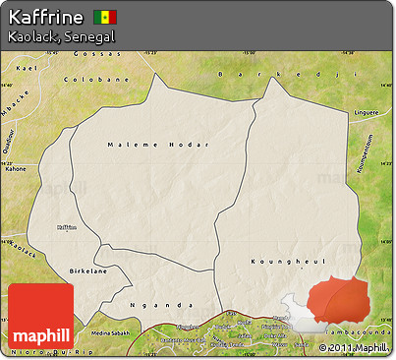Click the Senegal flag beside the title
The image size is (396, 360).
104,18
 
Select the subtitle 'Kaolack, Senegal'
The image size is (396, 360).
61,36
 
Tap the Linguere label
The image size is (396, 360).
365,111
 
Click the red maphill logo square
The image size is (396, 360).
40,315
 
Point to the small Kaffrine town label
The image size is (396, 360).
67,226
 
